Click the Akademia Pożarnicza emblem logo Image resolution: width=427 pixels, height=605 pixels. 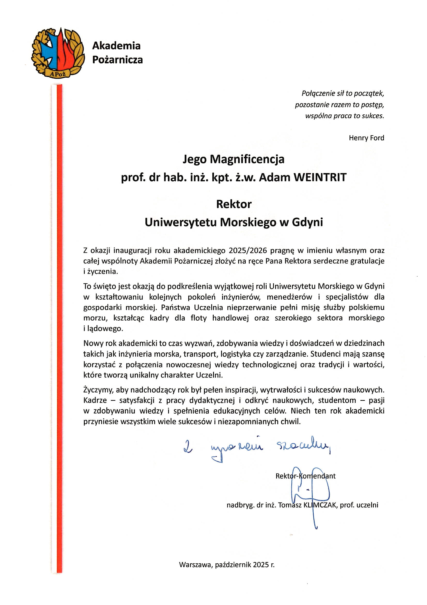(58, 53)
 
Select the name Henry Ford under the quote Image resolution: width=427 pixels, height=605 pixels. (366, 138)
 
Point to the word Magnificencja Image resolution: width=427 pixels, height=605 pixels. (247, 159)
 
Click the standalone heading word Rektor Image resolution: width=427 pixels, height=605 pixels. (234, 204)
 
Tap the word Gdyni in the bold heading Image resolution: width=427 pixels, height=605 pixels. (307, 222)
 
